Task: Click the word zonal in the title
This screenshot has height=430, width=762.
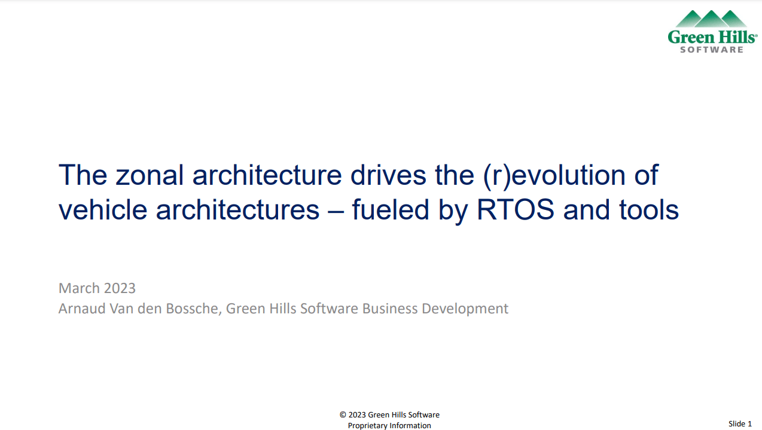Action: (x=150, y=175)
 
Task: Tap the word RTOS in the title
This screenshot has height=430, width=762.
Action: (x=516, y=209)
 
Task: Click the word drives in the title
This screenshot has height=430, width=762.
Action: (x=388, y=175)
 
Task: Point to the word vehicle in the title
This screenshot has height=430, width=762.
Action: (x=103, y=209)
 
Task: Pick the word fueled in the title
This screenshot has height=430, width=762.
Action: (x=391, y=209)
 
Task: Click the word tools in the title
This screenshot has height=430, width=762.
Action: (x=649, y=209)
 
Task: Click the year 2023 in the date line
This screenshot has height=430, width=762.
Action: (x=120, y=288)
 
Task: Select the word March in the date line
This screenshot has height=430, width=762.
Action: (x=80, y=288)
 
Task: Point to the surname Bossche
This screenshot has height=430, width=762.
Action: (x=194, y=309)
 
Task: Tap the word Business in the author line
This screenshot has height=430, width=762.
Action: (x=390, y=309)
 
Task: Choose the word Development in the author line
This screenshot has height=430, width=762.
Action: (x=465, y=309)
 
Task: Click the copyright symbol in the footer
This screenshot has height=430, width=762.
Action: (x=343, y=414)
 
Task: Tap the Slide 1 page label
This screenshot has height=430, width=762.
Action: (x=740, y=423)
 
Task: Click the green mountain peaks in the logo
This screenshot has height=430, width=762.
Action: (x=711, y=19)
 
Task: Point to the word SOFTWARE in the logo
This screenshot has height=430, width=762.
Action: (x=712, y=50)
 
